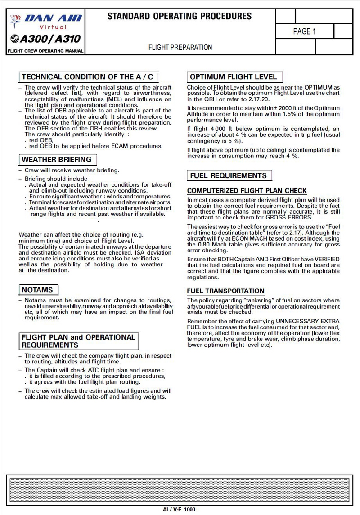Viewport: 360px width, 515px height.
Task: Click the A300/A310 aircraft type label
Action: pos(45,40)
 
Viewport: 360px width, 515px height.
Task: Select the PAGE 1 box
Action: pos(304,31)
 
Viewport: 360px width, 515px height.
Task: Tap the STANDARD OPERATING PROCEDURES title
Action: pos(179,17)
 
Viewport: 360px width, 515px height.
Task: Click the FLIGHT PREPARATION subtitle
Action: pos(180,47)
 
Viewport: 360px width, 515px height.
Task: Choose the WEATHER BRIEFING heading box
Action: pos(57,160)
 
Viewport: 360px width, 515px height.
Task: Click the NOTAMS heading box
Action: pos(37,290)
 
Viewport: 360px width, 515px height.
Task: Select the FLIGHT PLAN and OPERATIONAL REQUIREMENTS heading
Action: pos(78,341)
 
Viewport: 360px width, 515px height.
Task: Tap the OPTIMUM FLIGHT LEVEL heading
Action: pos(233,77)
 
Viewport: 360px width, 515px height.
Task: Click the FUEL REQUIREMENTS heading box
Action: pos(228,175)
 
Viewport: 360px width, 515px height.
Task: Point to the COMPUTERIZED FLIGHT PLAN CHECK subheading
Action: pos(247,191)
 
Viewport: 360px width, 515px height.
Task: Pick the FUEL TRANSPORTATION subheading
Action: pos(225,291)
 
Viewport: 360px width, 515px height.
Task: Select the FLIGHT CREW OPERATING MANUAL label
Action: pos(45,51)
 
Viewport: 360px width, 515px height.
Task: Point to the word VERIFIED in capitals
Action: pos(324,260)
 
